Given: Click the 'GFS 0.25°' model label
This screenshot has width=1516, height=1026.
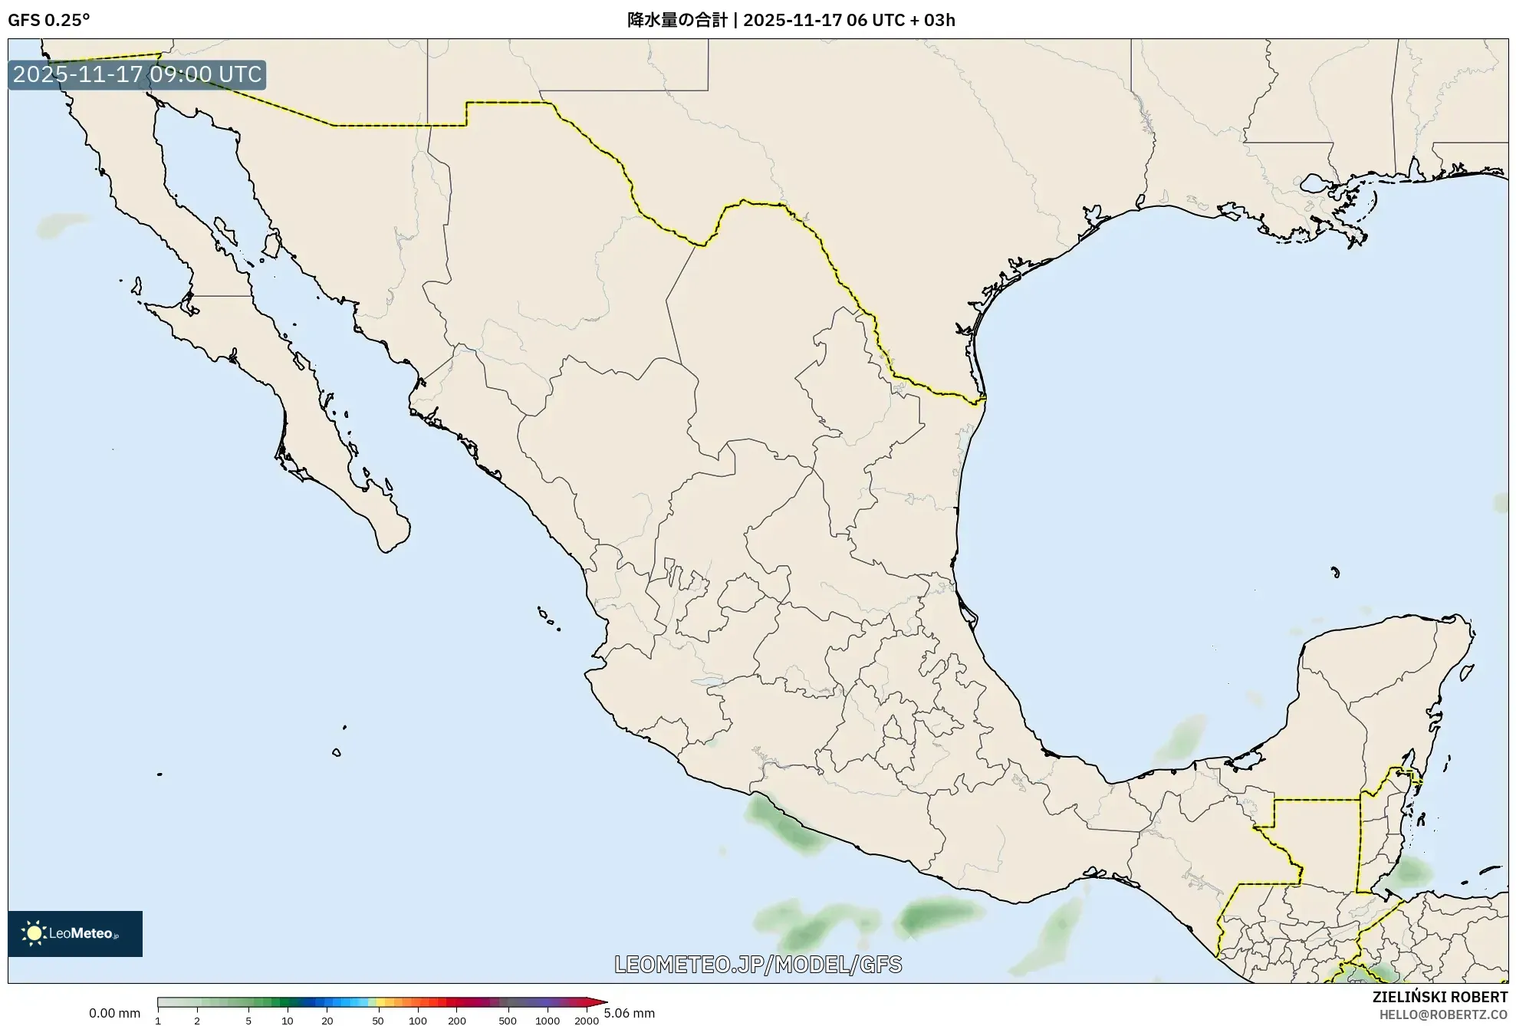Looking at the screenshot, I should click(49, 20).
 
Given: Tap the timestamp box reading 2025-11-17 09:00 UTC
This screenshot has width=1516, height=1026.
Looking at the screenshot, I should click(137, 74).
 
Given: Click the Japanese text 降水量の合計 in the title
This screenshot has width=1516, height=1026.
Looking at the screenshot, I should click(676, 20).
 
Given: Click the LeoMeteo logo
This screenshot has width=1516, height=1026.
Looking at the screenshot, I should click(75, 933).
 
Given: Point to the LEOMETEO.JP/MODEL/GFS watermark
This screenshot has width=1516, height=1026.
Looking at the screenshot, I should click(758, 964).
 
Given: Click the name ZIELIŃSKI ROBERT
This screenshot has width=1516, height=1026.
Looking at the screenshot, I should click(1439, 997).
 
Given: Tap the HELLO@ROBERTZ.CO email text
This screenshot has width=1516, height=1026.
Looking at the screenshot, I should click(1443, 1014).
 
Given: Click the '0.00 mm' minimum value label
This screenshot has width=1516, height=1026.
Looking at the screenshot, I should click(114, 1013).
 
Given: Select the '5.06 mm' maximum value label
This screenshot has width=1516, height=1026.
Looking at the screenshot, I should click(630, 1013).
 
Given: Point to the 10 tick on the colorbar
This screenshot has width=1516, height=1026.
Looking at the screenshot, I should click(288, 1021).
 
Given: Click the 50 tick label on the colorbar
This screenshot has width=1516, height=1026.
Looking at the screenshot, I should click(377, 1021).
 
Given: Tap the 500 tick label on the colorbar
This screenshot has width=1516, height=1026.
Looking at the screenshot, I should click(508, 1021).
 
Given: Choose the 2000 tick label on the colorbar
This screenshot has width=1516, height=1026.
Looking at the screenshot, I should click(587, 1021).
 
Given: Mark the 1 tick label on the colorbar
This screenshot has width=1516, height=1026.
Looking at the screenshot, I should click(158, 1021).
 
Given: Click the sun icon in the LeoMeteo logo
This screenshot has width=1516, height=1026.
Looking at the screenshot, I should click(34, 933).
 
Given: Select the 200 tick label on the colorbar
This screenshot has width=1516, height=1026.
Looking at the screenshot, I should click(457, 1021).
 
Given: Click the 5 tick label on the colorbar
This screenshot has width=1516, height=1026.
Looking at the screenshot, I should click(248, 1021).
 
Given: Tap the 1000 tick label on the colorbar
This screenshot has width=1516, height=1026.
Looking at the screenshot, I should click(548, 1021).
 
